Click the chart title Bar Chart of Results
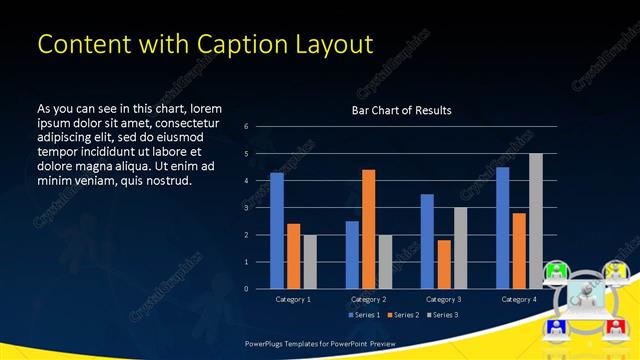401,110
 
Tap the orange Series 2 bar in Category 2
369,229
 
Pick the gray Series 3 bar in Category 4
536,221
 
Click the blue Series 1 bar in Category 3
427,241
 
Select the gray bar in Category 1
310,261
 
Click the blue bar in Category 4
503,227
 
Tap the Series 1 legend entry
363,315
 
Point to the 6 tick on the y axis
246,127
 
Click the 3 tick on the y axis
246,208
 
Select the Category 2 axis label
369,299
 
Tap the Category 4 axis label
519,299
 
